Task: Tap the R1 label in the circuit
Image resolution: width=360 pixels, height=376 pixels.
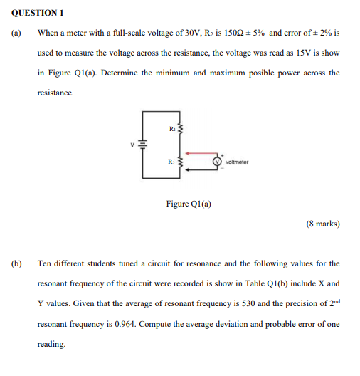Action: coord(172,128)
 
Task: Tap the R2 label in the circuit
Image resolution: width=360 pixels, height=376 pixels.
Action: coord(172,160)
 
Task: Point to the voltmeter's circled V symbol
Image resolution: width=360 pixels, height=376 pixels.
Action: coord(218,161)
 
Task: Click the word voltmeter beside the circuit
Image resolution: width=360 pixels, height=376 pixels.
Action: coord(237,162)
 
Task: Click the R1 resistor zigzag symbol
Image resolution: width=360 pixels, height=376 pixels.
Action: coord(180,129)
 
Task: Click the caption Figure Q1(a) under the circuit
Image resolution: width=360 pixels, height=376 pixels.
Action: coord(189,204)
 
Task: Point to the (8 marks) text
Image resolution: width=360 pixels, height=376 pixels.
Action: coord(322,224)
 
